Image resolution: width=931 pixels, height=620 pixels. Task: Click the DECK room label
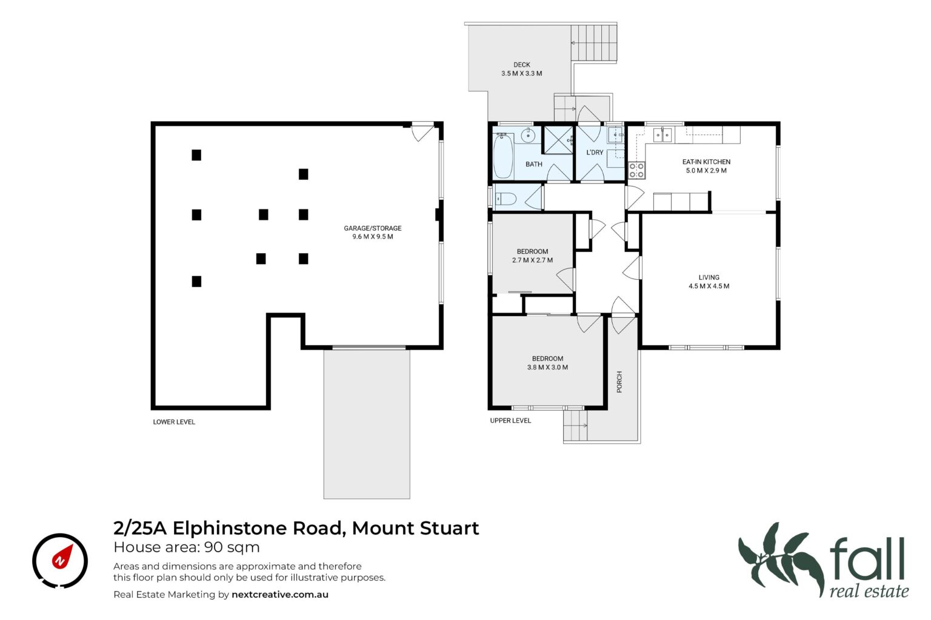(x=522, y=65)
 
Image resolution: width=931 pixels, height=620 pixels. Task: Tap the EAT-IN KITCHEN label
(x=706, y=162)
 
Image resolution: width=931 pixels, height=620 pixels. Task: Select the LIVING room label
(x=709, y=277)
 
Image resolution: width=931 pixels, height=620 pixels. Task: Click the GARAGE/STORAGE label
(x=372, y=228)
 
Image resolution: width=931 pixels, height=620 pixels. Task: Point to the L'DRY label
(x=595, y=153)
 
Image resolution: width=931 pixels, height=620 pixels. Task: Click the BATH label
(x=533, y=165)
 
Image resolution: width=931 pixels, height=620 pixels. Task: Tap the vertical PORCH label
(x=619, y=381)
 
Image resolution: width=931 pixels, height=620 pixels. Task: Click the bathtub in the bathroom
(x=503, y=156)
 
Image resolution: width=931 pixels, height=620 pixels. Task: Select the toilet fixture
(x=506, y=199)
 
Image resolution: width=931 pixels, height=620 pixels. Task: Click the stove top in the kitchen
(x=636, y=170)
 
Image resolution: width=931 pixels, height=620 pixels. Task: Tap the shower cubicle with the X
(x=559, y=140)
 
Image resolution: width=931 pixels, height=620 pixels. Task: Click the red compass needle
(x=63, y=556)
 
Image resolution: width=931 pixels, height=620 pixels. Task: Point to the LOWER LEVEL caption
(x=174, y=422)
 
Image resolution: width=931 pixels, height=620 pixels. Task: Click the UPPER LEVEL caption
(x=510, y=421)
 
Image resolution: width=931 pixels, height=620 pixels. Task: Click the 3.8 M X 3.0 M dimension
(x=547, y=368)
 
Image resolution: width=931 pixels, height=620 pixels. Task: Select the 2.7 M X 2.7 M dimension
(x=532, y=260)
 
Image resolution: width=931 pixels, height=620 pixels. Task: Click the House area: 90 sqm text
(x=187, y=547)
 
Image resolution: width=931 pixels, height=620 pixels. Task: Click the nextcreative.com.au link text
(x=279, y=595)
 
